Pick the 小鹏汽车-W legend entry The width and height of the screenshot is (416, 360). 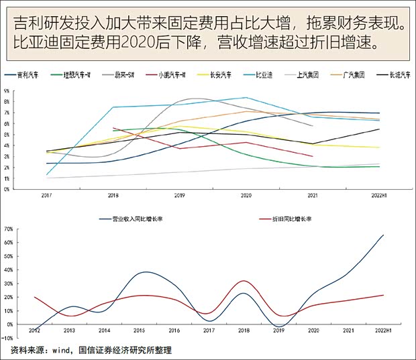pos(165,75)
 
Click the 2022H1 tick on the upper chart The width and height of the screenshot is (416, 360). pos(380,195)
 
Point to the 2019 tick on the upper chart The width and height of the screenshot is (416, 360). pos(179,195)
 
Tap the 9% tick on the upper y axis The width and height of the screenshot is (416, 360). pos(7,91)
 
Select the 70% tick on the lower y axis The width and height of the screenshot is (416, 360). pos(9,229)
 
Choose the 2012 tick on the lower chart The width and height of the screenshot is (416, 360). pos(34,331)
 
